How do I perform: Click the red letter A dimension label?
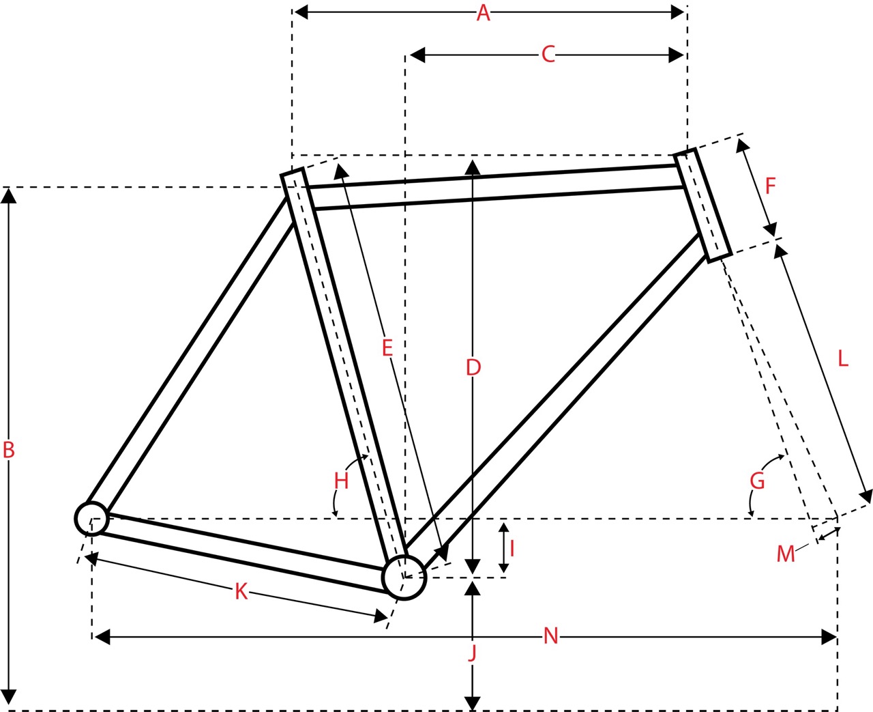[x=484, y=13]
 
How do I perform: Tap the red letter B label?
[x=9, y=450]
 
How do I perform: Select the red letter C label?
[x=548, y=55]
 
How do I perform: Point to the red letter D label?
[x=473, y=367]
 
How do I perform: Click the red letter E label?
[x=387, y=347]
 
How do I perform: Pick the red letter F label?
[x=771, y=186]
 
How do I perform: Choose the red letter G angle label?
[x=758, y=481]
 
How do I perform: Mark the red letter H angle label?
[x=342, y=481]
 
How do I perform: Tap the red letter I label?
[x=512, y=548]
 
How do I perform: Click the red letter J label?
[x=473, y=653]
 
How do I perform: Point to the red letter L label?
[x=843, y=359]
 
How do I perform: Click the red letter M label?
[x=786, y=554]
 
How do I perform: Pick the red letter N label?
[x=551, y=636]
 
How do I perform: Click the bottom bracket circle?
[x=404, y=578]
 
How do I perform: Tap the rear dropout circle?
[x=92, y=519]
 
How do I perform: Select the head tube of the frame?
[x=703, y=205]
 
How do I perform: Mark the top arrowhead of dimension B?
[x=9, y=195]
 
